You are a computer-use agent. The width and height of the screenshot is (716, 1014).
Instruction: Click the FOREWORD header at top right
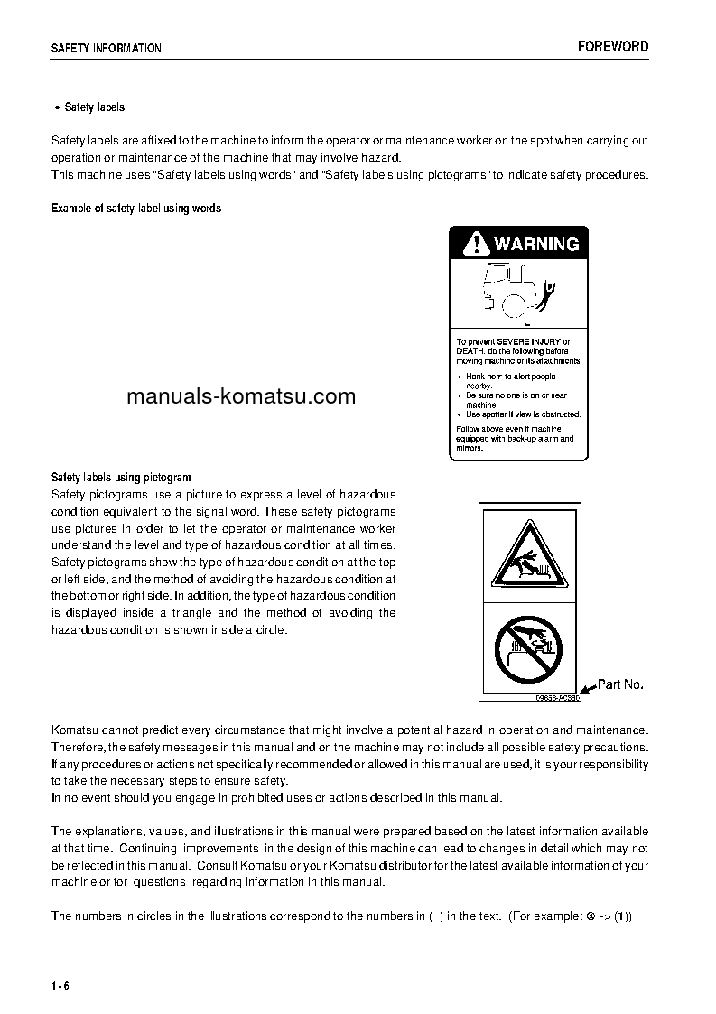point(613,47)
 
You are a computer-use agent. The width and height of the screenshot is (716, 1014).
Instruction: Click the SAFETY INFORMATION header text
point(107,49)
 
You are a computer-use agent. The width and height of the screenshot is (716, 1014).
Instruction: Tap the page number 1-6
point(60,985)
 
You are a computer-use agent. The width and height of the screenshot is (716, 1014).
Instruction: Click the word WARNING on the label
point(536,244)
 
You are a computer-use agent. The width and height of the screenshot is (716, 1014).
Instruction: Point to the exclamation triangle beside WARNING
point(473,244)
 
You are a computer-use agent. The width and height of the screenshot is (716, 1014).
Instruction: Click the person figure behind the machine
point(549,293)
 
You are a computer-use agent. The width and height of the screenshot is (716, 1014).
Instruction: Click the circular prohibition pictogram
point(529,647)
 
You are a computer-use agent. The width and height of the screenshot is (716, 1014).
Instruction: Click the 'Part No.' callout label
point(620,684)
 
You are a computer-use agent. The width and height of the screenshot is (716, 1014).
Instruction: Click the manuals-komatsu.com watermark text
point(241,396)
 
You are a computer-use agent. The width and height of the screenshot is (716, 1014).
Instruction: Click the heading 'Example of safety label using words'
point(136,209)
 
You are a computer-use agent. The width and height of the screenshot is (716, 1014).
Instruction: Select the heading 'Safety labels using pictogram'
point(121,477)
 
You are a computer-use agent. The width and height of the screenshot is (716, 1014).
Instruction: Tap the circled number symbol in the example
point(590,916)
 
